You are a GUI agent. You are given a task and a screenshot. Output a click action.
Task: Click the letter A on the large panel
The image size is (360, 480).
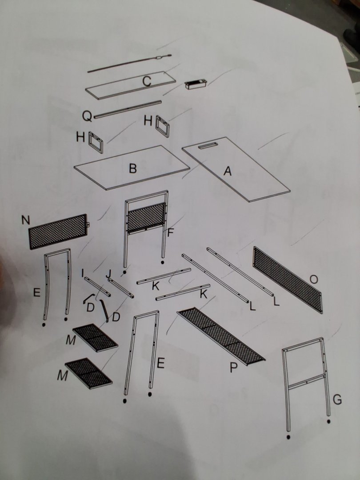coord(227,171)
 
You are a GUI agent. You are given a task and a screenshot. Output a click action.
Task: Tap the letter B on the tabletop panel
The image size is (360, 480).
coord(132,168)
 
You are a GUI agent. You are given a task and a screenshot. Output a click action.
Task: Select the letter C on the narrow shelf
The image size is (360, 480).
coord(147,81)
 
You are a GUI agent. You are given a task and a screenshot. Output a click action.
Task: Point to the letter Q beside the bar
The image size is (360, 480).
coord(87,116)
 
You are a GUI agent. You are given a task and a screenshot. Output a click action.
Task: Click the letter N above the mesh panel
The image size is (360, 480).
coord(26,220)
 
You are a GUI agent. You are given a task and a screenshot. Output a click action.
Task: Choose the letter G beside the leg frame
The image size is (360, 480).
coord(337,400)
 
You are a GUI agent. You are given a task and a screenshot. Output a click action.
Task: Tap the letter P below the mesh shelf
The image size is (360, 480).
coord(234,368)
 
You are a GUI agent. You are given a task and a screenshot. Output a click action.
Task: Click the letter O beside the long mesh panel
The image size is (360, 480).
coord(314,279)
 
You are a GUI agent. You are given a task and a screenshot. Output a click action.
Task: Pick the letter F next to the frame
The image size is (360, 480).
coord(171,233)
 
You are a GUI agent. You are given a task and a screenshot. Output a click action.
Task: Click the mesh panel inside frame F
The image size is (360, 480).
coord(146,217)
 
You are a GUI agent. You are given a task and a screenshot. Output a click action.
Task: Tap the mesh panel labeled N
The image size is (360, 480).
coord(58,231)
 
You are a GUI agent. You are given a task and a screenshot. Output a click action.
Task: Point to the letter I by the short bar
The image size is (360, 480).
coord(83,272)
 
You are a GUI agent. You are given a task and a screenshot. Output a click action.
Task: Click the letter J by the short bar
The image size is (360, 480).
coord(108,274)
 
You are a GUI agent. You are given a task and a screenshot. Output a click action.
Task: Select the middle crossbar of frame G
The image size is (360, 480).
coord(306,381)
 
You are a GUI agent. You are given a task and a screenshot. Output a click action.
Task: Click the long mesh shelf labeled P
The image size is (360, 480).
coord(221,336)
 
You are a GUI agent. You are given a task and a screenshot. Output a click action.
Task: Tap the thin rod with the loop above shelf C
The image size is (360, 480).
coord(129,64)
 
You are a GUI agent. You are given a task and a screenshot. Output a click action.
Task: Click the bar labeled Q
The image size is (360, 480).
coord(128,109)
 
